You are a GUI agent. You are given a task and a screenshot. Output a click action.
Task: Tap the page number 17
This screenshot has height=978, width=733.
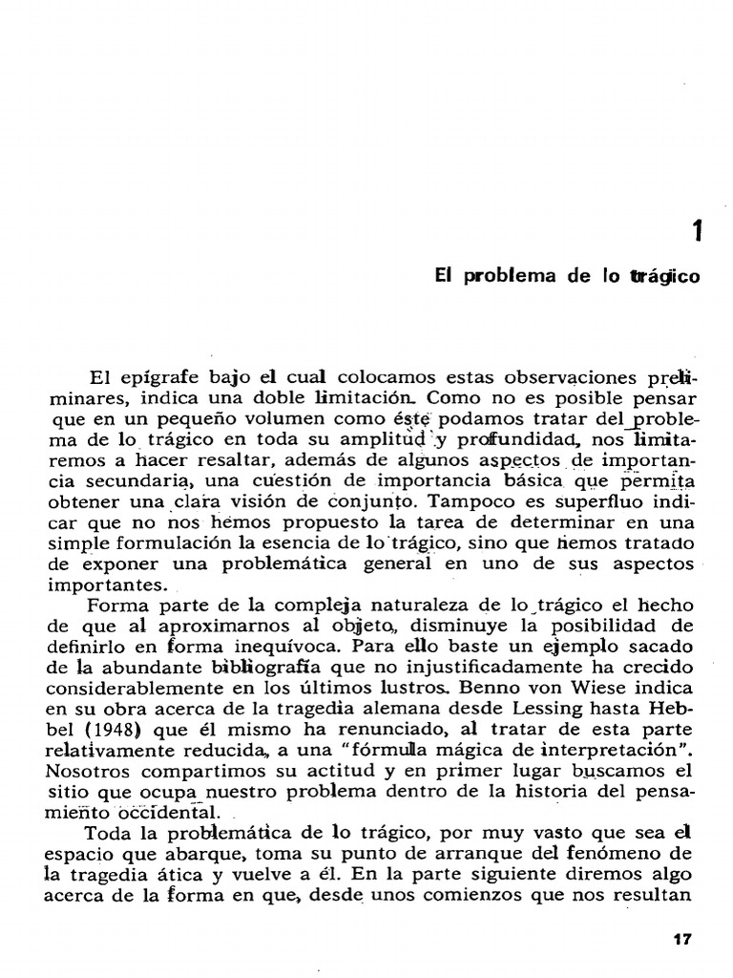point(681,939)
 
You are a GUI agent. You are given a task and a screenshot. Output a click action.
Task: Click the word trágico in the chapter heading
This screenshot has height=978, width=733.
point(664,277)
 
